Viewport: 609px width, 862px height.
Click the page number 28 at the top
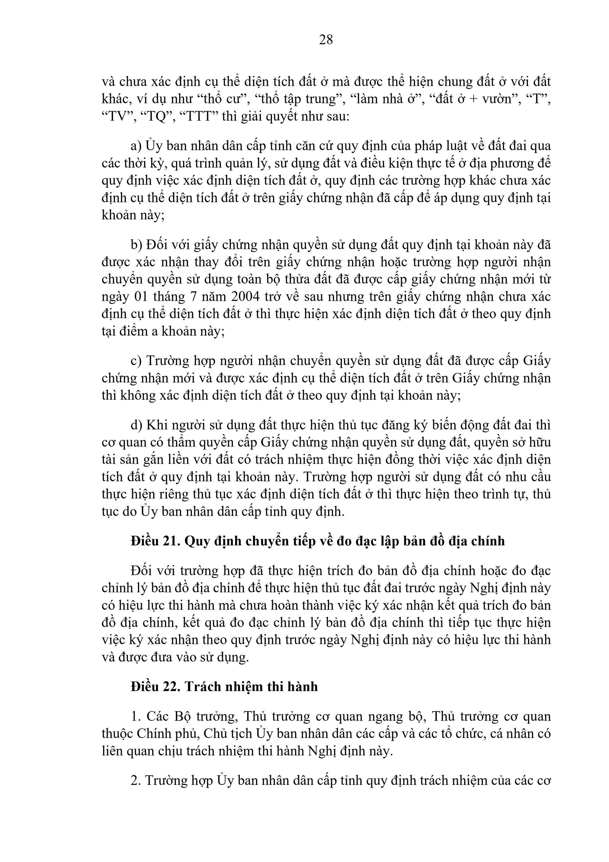pyautogui.click(x=326, y=39)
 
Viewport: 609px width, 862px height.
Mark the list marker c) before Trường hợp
pyautogui.click(x=136, y=361)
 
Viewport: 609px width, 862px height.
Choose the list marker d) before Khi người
pyautogui.click(x=136, y=425)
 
